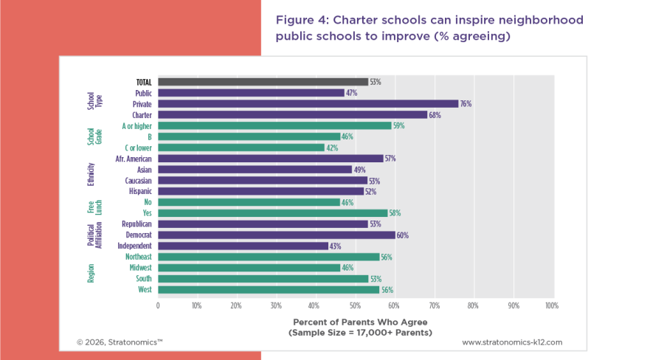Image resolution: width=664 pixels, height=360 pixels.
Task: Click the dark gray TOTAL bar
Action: (263, 82)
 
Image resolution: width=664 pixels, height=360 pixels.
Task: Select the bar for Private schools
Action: (308, 104)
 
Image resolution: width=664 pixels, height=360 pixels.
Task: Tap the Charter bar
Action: (292, 115)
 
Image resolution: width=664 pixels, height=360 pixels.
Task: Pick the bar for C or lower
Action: (241, 148)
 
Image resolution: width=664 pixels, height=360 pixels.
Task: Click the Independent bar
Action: (243, 246)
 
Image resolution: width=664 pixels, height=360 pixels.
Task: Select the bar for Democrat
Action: (277, 235)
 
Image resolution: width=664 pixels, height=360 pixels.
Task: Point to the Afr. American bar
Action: (271, 159)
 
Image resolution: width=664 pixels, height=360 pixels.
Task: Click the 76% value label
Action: (466, 104)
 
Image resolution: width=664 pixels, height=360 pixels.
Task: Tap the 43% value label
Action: (336, 246)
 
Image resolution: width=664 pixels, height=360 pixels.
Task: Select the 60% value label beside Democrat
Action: (403, 235)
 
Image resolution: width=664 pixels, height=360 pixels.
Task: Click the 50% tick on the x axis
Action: (355, 304)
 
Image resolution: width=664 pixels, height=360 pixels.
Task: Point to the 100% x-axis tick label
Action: (550, 304)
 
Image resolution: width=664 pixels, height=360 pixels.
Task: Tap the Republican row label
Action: (136, 224)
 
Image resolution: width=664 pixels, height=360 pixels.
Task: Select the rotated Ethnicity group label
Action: (91, 175)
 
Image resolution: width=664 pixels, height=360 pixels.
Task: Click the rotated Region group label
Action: (91, 273)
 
